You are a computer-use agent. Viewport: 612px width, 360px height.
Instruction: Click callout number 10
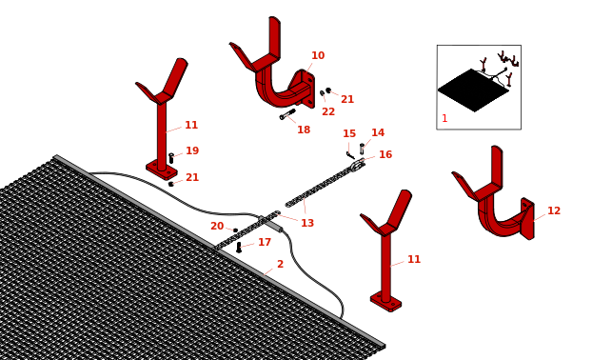318,56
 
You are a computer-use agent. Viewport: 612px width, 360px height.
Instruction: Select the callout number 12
554,211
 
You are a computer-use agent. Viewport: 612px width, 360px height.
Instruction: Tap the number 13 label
307,224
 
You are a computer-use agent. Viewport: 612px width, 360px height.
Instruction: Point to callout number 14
378,133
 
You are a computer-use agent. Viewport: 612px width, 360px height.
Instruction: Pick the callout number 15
349,134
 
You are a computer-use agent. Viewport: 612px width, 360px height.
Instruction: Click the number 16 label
385,155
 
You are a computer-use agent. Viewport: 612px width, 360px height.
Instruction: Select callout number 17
265,243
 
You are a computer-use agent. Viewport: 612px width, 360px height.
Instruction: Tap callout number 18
304,130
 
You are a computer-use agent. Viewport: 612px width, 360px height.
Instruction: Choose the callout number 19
192,151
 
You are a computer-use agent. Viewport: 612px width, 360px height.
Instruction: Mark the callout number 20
217,227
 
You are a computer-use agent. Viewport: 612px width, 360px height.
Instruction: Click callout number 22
328,112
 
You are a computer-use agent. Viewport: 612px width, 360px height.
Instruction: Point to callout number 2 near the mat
280,265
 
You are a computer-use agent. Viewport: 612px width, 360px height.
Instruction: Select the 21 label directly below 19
192,178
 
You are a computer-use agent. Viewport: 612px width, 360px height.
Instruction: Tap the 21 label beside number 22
347,100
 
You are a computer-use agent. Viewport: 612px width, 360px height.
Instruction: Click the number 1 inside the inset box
444,119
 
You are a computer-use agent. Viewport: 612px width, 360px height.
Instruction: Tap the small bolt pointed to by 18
286,114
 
